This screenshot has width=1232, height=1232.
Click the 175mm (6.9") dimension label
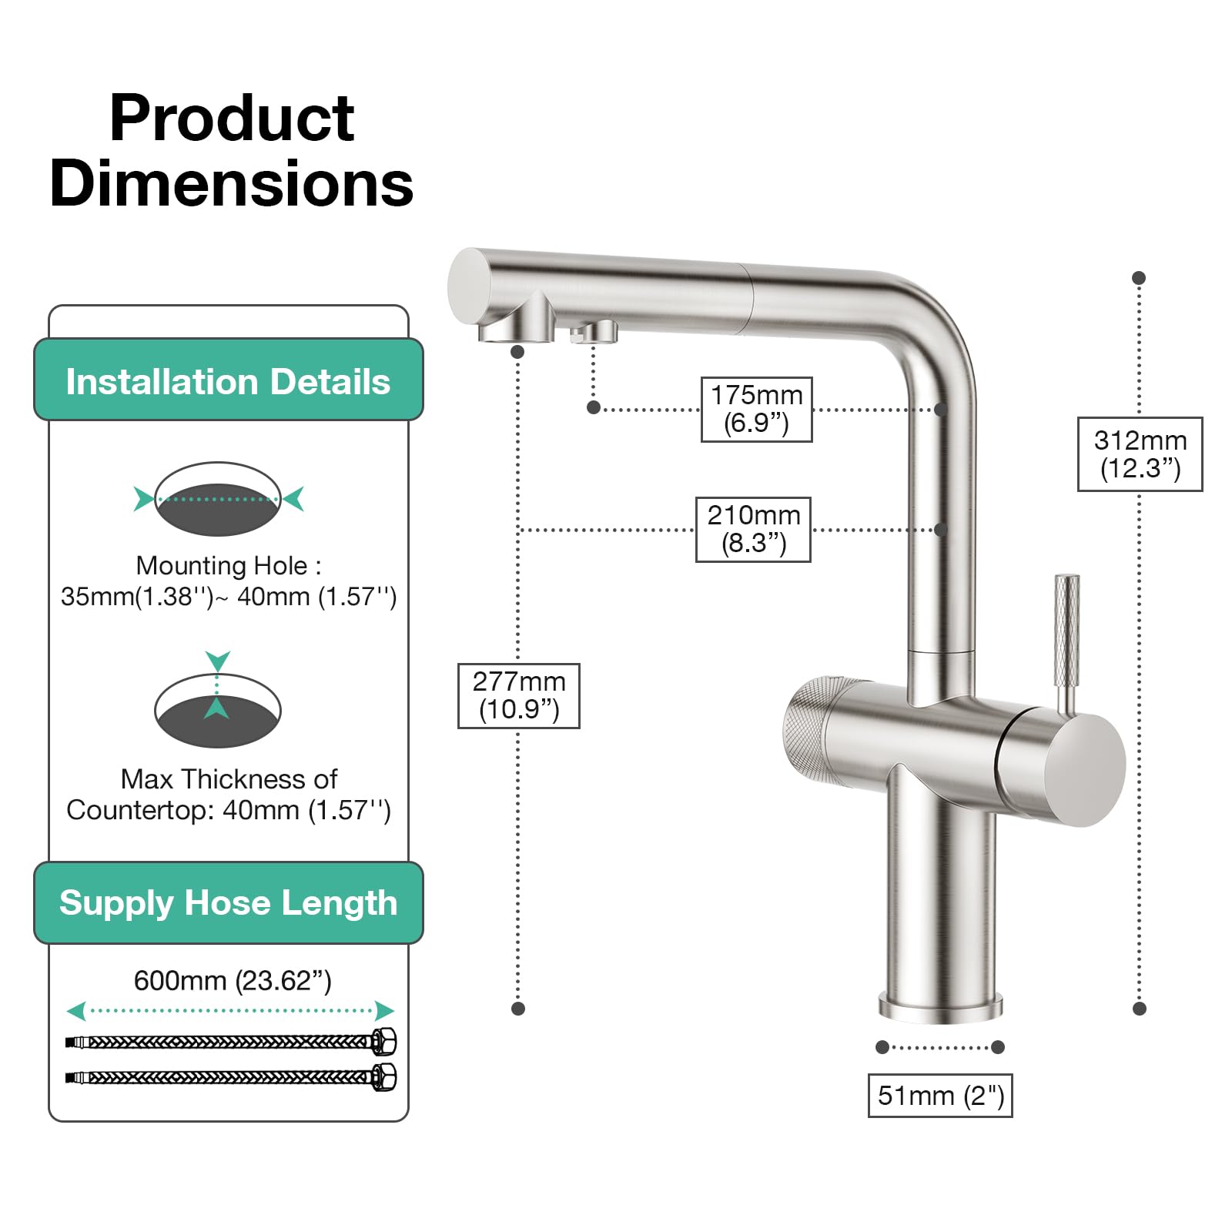click(x=756, y=409)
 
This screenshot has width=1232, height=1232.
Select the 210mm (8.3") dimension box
click(x=753, y=530)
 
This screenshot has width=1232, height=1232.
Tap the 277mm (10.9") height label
click(x=519, y=695)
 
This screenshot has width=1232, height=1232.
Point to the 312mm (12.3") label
click(x=1140, y=454)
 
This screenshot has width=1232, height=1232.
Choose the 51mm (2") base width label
click(x=940, y=1095)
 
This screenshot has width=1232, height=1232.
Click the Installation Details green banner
click(x=229, y=380)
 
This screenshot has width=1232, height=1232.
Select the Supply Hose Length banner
click(x=229, y=902)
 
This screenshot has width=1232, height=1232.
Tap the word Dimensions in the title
click(x=232, y=184)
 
